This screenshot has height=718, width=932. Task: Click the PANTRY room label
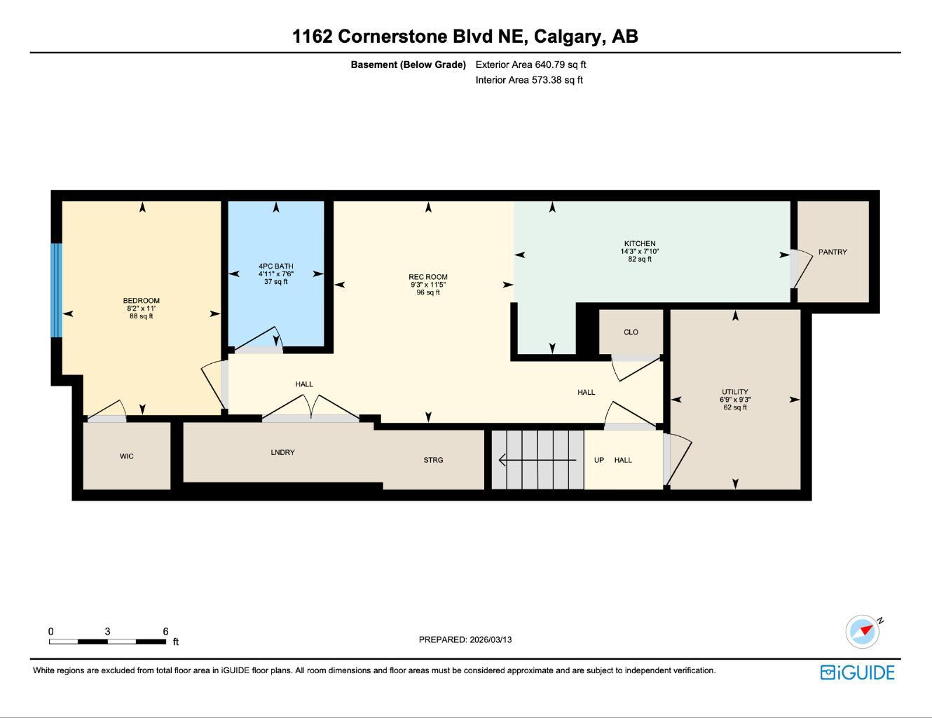pyautogui.click(x=832, y=252)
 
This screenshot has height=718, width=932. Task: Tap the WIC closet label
pyautogui.click(x=126, y=456)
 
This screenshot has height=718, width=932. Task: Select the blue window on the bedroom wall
pyautogui.click(x=57, y=290)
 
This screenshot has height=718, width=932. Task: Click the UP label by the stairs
pyautogui.click(x=599, y=460)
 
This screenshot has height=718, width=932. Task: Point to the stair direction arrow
pyautogui.click(x=536, y=460)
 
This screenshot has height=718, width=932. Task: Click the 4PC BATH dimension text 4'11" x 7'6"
pyautogui.click(x=275, y=274)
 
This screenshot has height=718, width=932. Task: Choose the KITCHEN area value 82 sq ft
pyautogui.click(x=639, y=259)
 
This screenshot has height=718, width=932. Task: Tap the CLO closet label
pyautogui.click(x=631, y=332)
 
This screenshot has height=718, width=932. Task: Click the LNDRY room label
pyautogui.click(x=282, y=452)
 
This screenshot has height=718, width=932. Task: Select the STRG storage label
pyautogui.click(x=433, y=460)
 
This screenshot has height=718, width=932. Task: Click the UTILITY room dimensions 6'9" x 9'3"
pyautogui.click(x=734, y=400)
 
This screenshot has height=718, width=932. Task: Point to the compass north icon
pyautogui.click(x=863, y=631)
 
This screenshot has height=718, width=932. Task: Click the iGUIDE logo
pyautogui.click(x=857, y=672)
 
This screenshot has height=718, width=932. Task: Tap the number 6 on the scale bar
pyautogui.click(x=165, y=632)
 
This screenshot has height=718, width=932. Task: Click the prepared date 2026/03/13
pyautogui.click(x=491, y=639)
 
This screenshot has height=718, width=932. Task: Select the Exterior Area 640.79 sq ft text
pyautogui.click(x=530, y=65)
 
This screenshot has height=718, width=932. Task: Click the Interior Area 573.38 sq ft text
pyautogui.click(x=529, y=80)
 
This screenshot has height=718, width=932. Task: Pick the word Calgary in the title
pyautogui.click(x=569, y=36)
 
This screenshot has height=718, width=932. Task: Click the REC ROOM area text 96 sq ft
pyautogui.click(x=427, y=293)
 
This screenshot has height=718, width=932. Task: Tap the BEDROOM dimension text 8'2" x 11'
pyautogui.click(x=141, y=309)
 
